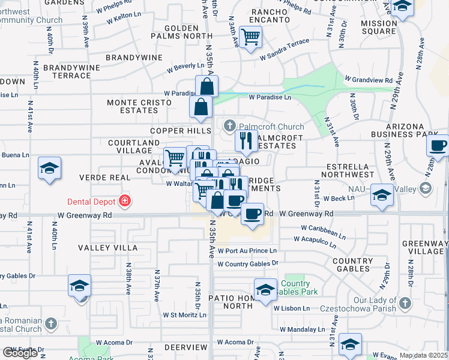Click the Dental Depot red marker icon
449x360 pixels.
click(x=125, y=201)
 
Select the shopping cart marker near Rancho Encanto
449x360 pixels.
click(x=250, y=37)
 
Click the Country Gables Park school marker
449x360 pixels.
click(x=265, y=289)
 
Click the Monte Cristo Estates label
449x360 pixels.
click(x=132, y=106)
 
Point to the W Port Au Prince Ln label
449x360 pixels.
click(x=247, y=251)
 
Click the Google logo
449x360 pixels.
click(x=21, y=352)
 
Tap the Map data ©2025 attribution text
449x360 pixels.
click(x=423, y=355)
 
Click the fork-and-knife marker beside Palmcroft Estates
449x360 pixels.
click(x=246, y=141)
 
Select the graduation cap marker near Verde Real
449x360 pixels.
click(x=49, y=168)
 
